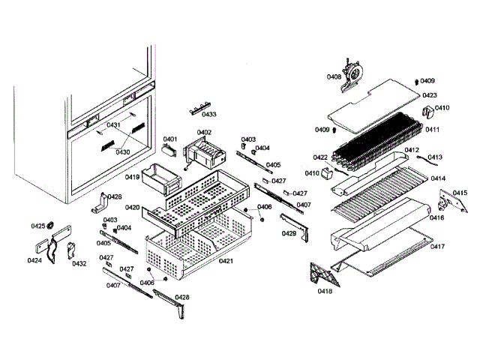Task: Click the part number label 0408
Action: point(334,76)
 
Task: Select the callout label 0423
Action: point(429,95)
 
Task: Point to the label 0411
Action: point(432,130)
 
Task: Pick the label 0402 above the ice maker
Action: point(204,132)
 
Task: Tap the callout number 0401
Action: point(170,139)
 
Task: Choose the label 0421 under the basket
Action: point(226,261)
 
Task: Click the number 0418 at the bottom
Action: point(325,290)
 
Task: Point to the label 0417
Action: point(437,247)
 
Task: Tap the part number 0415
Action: point(459,193)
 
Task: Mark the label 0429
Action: point(289,233)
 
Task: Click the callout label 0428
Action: point(182,297)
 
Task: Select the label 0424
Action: point(34,261)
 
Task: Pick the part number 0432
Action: point(79,263)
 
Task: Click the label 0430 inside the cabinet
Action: point(122,151)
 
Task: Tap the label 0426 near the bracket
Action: point(114,196)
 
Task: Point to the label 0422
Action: point(320,157)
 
